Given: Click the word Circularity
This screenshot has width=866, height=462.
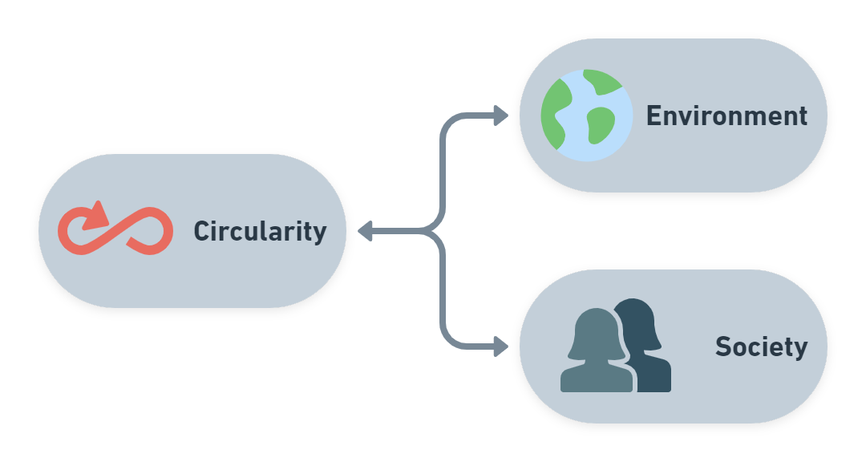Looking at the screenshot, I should click(x=260, y=232).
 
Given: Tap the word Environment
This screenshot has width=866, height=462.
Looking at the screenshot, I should click(x=726, y=116).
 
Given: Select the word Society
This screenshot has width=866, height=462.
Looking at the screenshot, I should click(x=761, y=347).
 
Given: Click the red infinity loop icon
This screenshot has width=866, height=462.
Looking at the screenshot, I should click(x=115, y=231).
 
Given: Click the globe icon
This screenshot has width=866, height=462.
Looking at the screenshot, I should click(x=587, y=115).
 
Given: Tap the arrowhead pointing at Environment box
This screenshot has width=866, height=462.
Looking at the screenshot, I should click(x=501, y=115).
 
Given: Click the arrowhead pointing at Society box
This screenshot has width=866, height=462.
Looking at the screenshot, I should click(x=501, y=347).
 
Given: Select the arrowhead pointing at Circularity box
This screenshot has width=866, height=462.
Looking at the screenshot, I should click(x=365, y=231).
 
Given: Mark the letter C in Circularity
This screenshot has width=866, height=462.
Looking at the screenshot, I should click(x=201, y=232).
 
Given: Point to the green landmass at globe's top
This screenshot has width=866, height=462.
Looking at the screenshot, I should click(x=602, y=81).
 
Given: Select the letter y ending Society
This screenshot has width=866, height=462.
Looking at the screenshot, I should click(x=800, y=350).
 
